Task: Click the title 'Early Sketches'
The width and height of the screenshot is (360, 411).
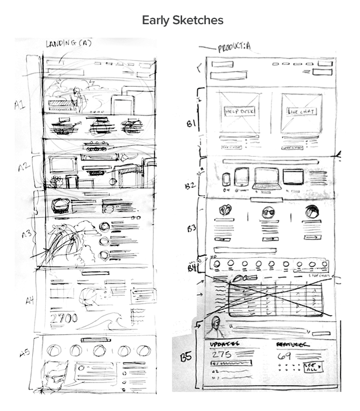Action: coord(183,21)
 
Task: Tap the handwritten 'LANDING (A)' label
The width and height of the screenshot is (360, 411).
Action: coord(69,43)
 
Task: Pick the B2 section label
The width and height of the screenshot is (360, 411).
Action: coord(191,185)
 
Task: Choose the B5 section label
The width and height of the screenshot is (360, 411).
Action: coord(186,355)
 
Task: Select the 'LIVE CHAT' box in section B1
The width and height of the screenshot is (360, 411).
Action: coord(301,112)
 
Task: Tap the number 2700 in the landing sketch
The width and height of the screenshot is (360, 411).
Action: coord(64,318)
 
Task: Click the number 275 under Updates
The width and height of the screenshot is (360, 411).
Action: coord(223,355)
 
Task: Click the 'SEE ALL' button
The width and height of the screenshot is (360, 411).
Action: coord(313,367)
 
